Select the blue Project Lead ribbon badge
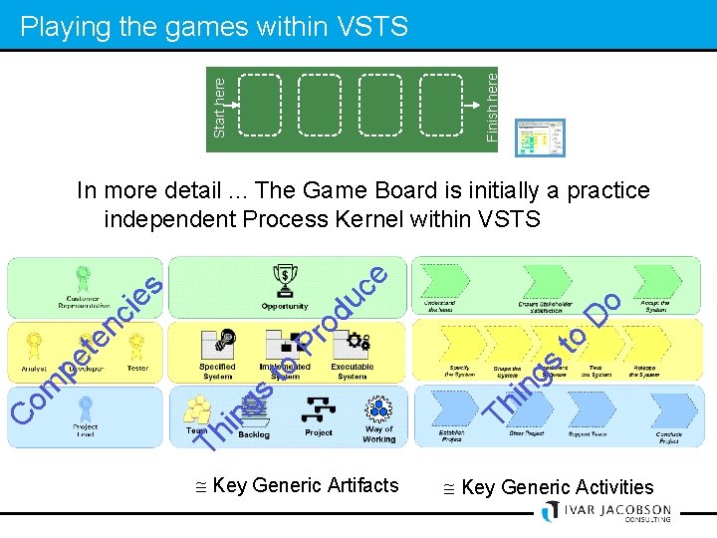(86, 407)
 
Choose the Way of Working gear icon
(379, 409)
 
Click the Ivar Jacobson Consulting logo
(605, 511)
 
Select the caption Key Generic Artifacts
(296, 486)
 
